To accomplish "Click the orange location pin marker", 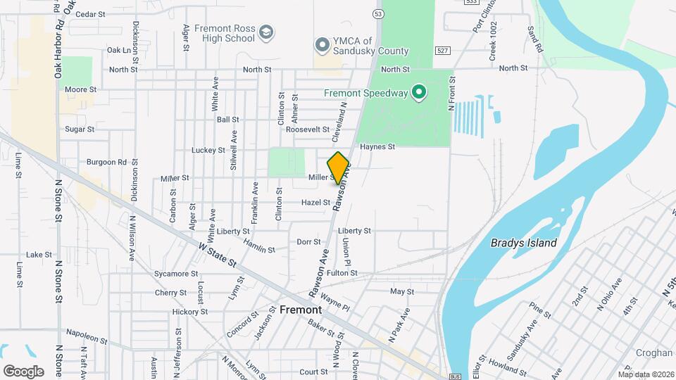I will pos(339,167).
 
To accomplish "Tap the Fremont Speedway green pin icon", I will pos(419,92).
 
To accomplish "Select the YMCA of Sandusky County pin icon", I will pos(322,46).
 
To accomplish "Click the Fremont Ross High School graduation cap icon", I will pos(265,32).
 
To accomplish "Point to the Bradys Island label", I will pos(523,243).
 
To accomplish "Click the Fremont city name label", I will pos(301,310).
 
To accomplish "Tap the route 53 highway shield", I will pos(379,14).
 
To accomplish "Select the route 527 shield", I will pos(442,51).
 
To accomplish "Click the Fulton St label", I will pos(342,273).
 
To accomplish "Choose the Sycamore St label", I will pos(176,273).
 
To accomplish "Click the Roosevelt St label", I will pos(308,129).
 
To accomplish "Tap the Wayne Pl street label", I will pos(334,303).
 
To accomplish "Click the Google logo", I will pos(23,371).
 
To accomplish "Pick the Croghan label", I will pos(653,353).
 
